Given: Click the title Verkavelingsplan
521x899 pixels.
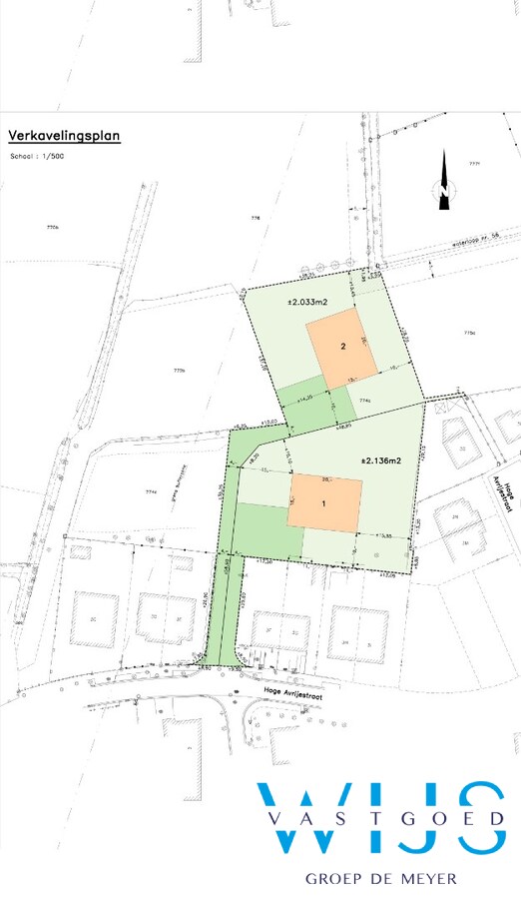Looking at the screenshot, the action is (64, 134).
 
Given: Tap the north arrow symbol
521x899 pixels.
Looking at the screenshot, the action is (443, 182).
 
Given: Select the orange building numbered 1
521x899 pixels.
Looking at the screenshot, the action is (324, 502).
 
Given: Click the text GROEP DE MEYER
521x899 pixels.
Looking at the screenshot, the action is (380, 878).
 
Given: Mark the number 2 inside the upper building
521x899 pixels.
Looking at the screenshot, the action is (342, 347).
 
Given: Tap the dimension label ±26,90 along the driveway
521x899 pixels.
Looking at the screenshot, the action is (206, 599).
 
